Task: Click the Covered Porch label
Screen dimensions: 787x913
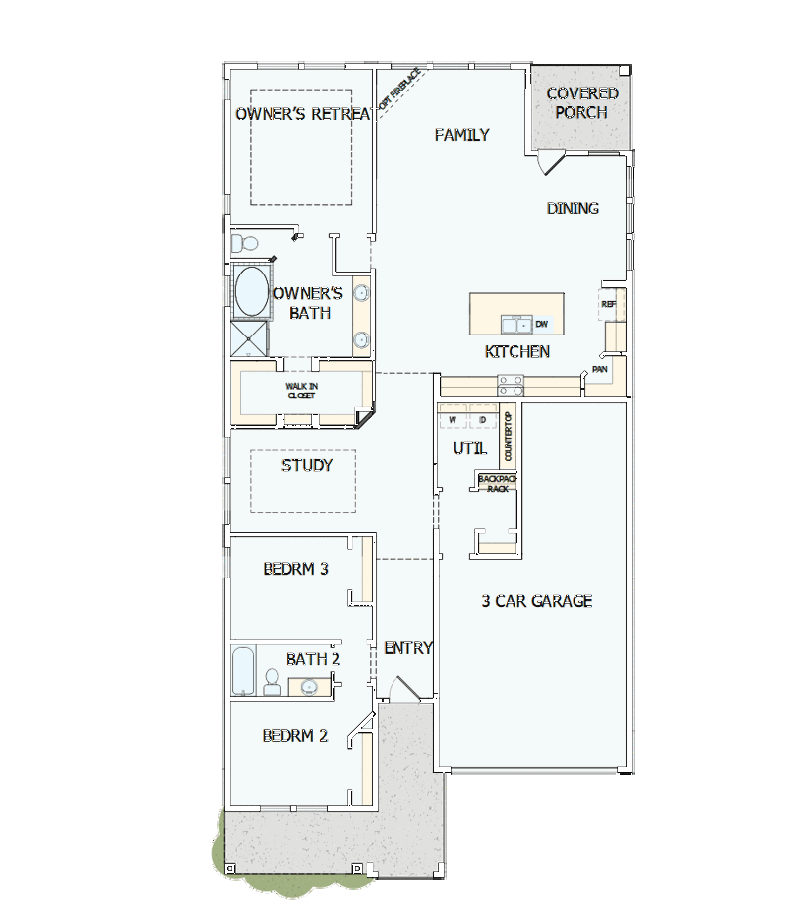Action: [581, 103]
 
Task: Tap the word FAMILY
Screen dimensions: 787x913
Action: [461, 135]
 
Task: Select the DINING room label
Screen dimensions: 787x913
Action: [573, 209]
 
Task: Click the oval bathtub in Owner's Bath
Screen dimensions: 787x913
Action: [252, 292]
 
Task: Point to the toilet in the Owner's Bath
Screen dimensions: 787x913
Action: [245, 242]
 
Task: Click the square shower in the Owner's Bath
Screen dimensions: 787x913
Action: [249, 338]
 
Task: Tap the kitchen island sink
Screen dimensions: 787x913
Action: [516, 325]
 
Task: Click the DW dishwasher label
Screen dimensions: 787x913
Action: [541, 324]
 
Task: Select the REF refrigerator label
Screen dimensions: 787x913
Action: [608, 304]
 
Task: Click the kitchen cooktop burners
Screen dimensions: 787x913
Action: [511, 386]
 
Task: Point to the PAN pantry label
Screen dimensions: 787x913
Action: [600, 369]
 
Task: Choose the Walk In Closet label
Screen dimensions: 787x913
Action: [302, 391]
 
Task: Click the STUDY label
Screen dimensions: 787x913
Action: [307, 465]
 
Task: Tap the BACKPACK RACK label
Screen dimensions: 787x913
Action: [498, 484]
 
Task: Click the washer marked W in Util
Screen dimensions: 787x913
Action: [453, 420]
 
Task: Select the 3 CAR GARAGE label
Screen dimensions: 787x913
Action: [537, 601]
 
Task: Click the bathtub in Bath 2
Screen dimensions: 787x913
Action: [243, 670]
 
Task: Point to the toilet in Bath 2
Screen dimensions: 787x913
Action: [272, 681]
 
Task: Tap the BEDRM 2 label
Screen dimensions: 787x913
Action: [294, 736]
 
